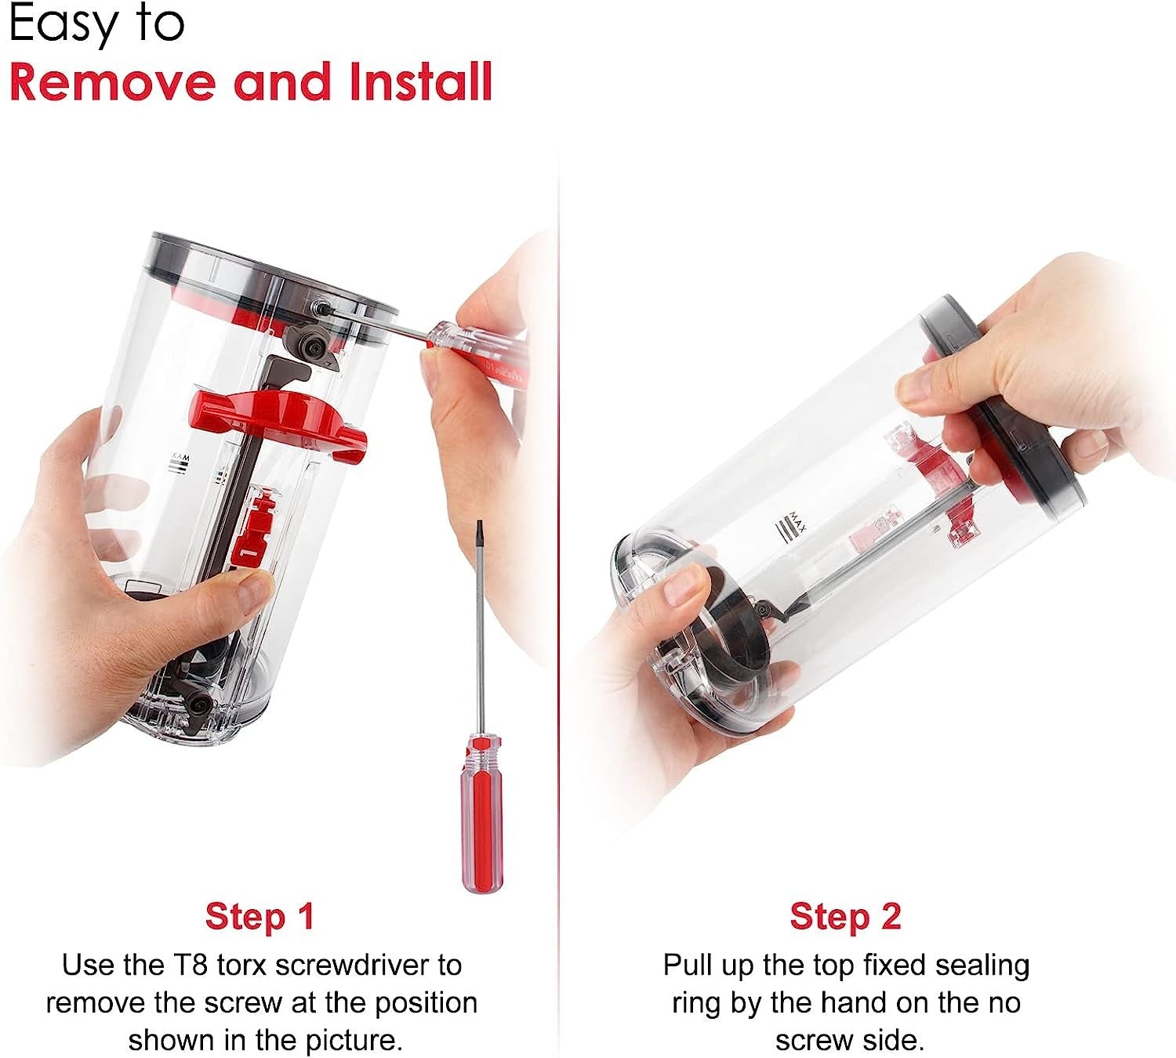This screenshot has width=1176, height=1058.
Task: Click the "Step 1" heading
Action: pyautogui.click(x=260, y=916)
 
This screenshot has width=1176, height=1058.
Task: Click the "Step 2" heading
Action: pyautogui.click(x=845, y=916)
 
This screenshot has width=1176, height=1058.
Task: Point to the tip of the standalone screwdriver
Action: pyautogui.click(x=480, y=522)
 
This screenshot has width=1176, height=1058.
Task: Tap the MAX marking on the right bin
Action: pyautogui.click(x=791, y=524)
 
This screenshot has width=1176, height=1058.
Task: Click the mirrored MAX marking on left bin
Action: pyautogui.click(x=180, y=463)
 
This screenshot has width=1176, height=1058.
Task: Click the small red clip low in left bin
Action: pyautogui.click(x=253, y=527)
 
